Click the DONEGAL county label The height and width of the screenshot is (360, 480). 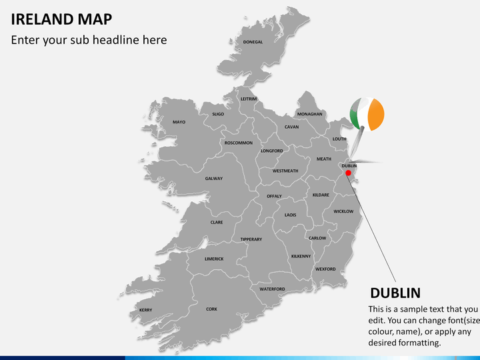click(253, 42)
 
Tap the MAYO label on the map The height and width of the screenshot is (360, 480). click(179, 122)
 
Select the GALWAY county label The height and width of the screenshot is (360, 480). click(214, 179)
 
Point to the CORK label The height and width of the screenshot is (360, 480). click(211, 309)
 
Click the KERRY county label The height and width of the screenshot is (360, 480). click(145, 310)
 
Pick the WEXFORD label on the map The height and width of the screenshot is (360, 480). click(325, 269)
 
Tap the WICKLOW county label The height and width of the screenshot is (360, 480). click(343, 211)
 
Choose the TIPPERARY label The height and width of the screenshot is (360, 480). click(251, 239)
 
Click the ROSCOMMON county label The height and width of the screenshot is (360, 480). click(238, 143)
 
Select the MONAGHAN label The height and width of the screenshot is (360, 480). click(310, 114)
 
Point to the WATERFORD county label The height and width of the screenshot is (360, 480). click(272, 289)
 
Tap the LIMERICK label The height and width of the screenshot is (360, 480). click(214, 259)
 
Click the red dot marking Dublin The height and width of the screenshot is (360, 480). click(348, 173)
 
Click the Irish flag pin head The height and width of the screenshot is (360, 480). click(367, 115)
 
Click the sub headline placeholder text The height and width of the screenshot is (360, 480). click(89, 40)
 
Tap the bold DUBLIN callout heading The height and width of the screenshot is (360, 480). click(395, 293)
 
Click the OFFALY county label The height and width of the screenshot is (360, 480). click(274, 196)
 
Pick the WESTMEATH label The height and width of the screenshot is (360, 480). click(285, 171)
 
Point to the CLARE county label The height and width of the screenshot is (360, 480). click(217, 222)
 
